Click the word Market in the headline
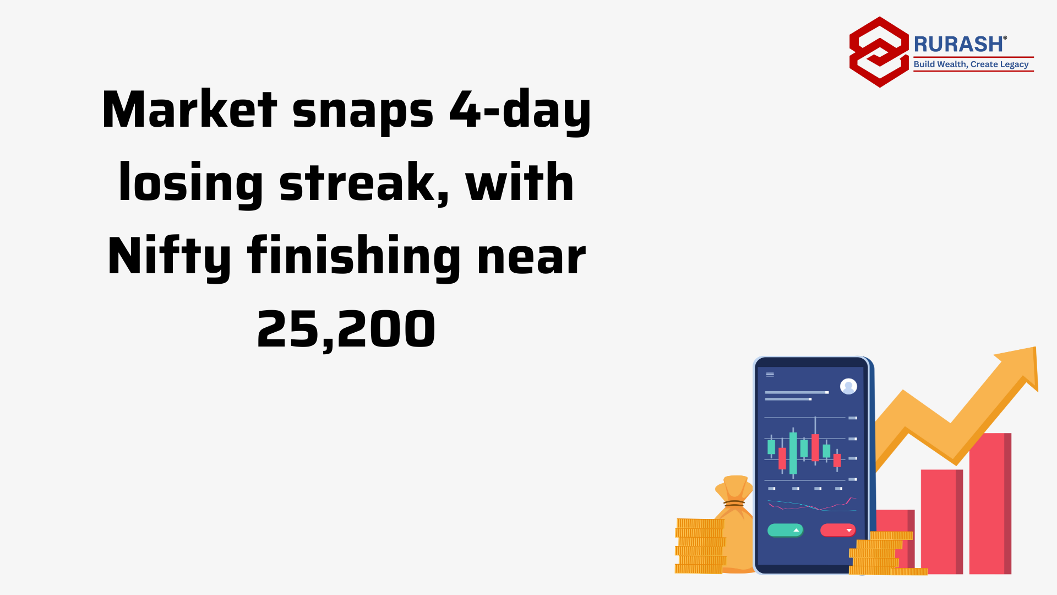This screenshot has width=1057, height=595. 189,109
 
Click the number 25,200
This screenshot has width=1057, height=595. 346,329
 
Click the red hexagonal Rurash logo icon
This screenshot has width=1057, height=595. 879,52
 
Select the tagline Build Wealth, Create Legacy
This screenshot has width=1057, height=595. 971,64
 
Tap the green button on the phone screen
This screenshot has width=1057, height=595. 785,530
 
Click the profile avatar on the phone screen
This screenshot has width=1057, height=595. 848,386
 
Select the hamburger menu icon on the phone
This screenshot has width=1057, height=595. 770,375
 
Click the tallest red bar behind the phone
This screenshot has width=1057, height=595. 990,504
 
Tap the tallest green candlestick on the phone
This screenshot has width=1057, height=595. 793,452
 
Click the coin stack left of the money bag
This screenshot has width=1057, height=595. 700,546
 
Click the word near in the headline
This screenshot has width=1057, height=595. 531,257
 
